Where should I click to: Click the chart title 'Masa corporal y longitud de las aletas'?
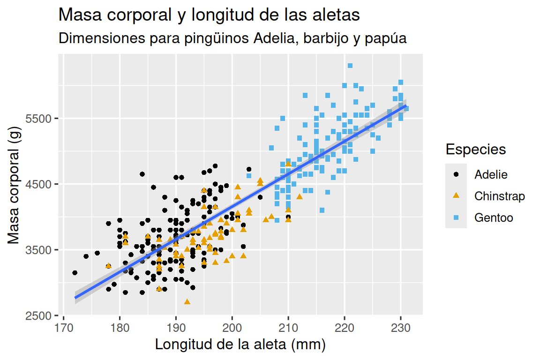click(x=209, y=15)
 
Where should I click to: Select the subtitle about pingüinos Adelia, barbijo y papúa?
click(x=232, y=39)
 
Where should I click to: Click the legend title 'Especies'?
click(x=476, y=150)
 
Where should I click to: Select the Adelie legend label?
click(x=491, y=174)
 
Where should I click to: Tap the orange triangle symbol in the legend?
click(x=456, y=195)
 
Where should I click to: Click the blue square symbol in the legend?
click(x=456, y=217)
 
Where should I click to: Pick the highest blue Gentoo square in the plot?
click(x=350, y=66)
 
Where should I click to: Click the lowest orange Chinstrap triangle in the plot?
click(x=187, y=301)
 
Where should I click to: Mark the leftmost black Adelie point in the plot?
click(x=75, y=272)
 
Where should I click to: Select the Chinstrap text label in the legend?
click(x=500, y=196)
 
